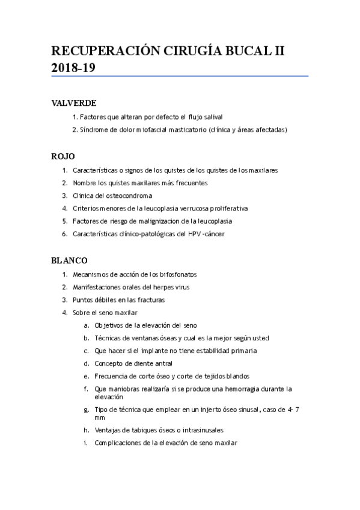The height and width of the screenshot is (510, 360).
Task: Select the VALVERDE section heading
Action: (x=75, y=103)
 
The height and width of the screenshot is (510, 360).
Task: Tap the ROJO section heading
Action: (x=63, y=156)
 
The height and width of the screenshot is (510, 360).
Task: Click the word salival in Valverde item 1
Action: (x=213, y=117)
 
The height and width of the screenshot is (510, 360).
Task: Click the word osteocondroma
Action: (x=131, y=195)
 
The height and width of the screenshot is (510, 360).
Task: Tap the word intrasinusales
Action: (x=198, y=430)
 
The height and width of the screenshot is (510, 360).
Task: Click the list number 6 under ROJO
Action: (x=64, y=233)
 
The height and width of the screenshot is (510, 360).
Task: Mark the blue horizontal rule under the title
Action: (x=180, y=76)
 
